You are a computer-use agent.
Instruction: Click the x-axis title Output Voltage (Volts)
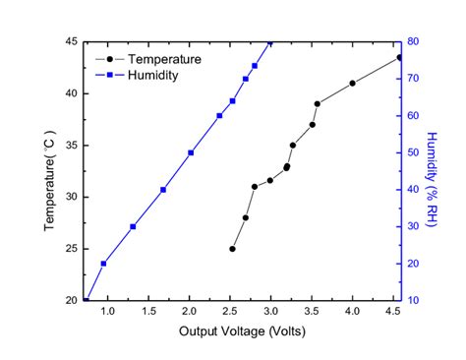(242, 331)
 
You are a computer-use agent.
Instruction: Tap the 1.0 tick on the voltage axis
(107, 312)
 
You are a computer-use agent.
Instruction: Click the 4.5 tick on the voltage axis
(393, 312)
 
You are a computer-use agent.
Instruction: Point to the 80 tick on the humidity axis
(416, 42)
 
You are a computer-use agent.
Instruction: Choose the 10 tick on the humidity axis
(416, 300)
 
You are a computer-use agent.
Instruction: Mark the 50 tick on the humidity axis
(416, 152)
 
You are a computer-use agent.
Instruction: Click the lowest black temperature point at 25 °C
(233, 249)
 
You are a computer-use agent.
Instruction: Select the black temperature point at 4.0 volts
(352, 84)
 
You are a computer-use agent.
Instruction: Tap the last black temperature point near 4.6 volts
(399, 57)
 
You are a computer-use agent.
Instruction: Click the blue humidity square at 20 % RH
(103, 264)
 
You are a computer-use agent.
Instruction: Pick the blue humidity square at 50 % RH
(191, 152)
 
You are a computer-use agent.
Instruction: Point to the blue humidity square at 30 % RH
(133, 226)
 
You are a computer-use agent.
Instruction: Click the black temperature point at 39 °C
(317, 103)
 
